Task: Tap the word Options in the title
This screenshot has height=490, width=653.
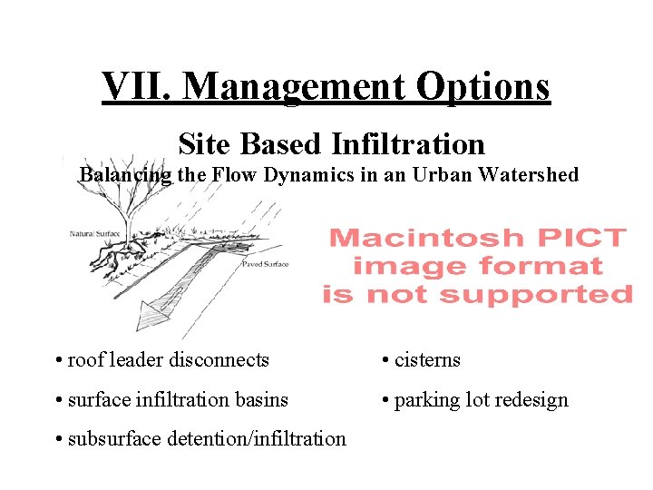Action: (483, 87)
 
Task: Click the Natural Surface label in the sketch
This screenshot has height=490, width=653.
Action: (94, 234)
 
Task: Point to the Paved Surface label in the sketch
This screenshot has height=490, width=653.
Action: (265, 264)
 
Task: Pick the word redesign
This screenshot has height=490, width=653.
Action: (531, 400)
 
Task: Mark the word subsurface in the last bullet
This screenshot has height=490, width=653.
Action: (112, 439)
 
